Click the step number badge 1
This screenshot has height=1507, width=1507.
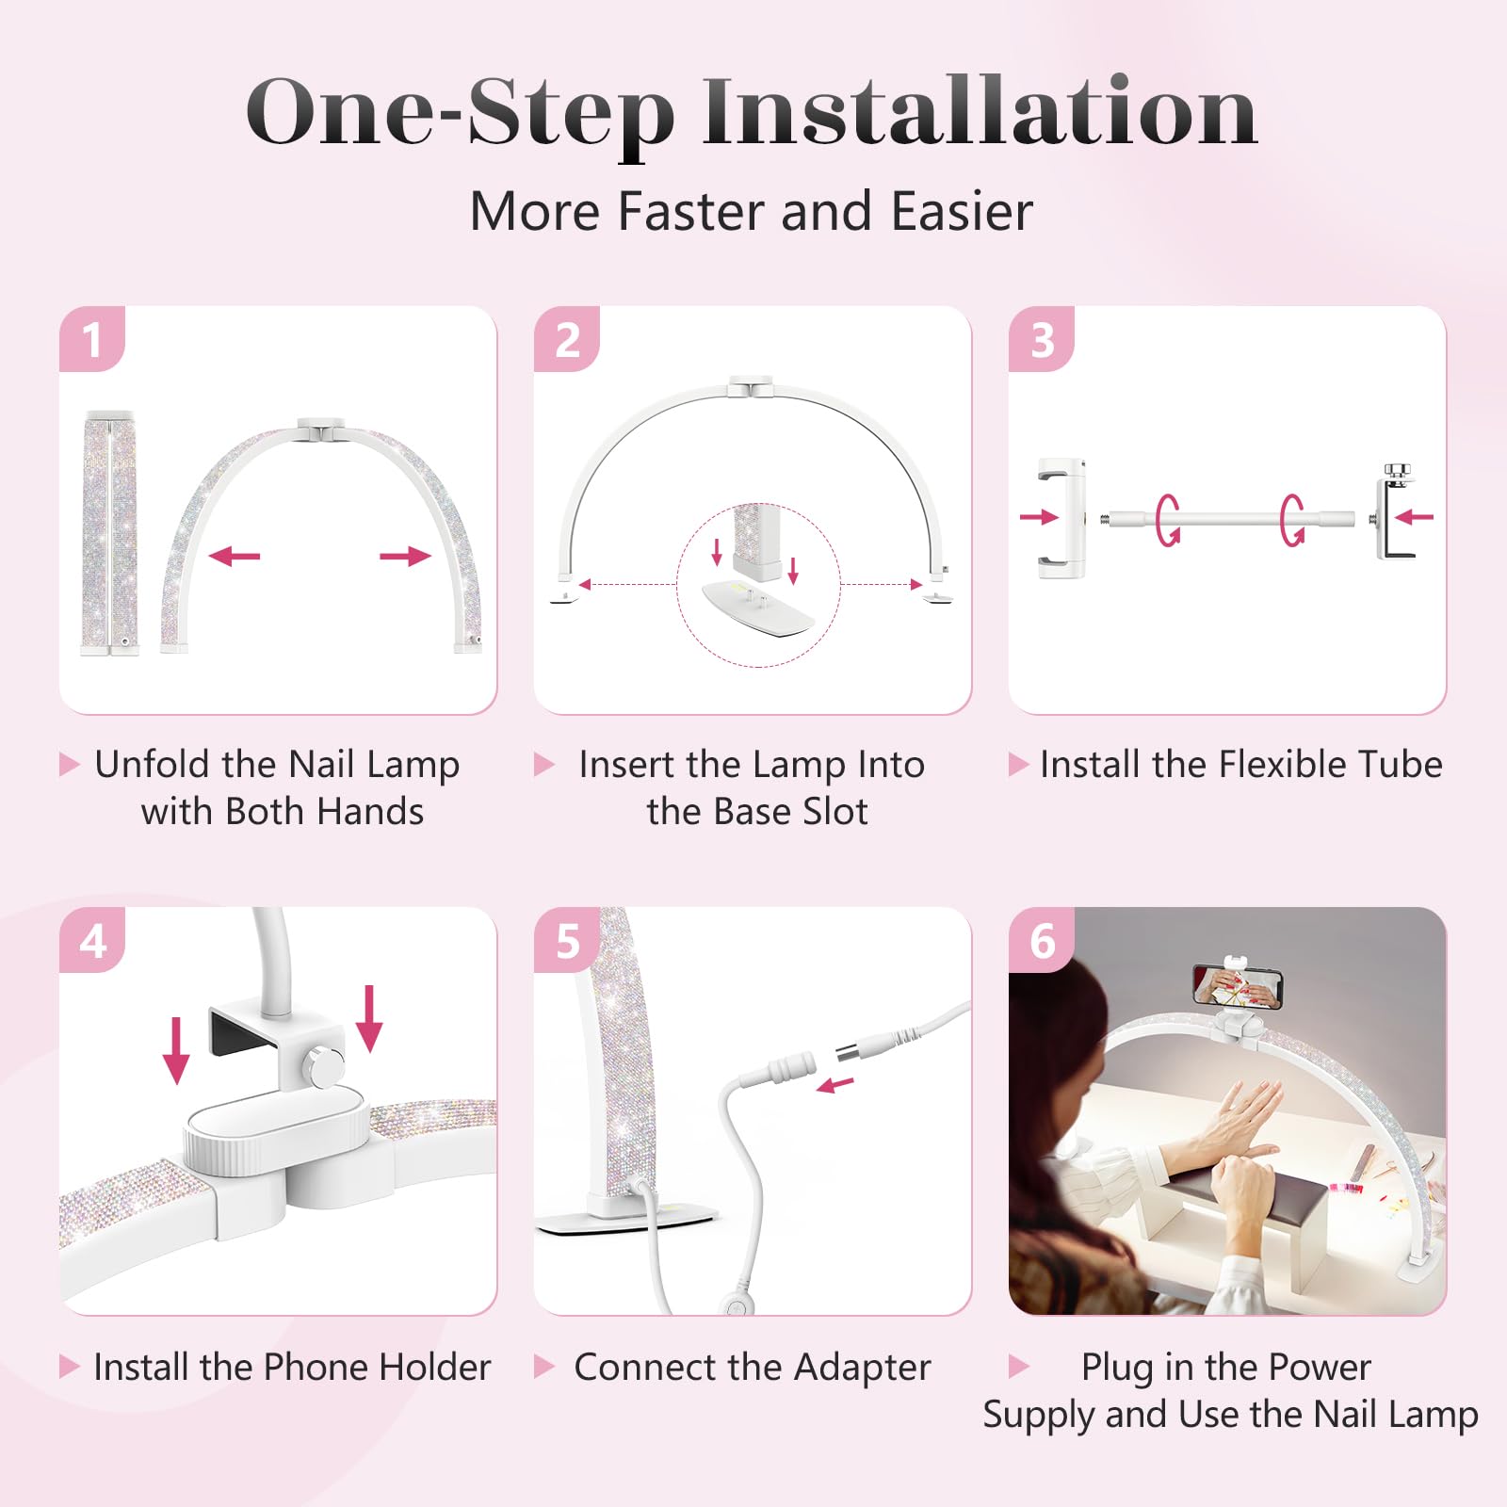click(91, 339)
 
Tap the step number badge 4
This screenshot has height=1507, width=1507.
click(92, 940)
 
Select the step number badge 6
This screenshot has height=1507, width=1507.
click(1042, 940)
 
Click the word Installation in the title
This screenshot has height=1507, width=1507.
click(980, 113)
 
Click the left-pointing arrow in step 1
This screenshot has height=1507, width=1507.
click(234, 556)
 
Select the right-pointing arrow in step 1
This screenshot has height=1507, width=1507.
click(405, 556)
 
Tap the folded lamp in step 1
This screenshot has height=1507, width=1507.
click(110, 532)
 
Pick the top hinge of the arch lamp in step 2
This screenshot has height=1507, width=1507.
click(752, 386)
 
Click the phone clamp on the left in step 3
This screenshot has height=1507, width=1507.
click(1061, 518)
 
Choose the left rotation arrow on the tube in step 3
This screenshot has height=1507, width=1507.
click(1168, 519)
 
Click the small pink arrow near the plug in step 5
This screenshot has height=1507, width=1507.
click(835, 1085)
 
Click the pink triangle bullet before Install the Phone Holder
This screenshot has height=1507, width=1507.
click(70, 1366)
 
